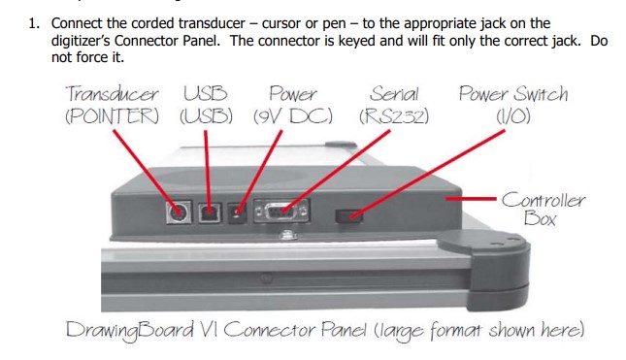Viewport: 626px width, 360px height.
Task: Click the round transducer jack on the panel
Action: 179,212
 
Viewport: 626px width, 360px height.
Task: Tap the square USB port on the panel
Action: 210,213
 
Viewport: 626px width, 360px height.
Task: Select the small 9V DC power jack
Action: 237,213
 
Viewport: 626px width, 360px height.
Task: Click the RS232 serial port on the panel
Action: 281,211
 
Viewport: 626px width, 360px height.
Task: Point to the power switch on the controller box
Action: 348,216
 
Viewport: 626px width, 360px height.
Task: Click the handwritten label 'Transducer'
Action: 112,94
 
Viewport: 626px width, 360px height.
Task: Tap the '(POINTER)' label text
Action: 112,116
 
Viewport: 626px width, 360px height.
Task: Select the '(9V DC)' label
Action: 293,116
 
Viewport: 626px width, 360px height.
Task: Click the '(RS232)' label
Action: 394,116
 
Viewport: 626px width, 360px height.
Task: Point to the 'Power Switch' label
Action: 513,94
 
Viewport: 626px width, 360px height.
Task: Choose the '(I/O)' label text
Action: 513,116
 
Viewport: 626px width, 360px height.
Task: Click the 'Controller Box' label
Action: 543,209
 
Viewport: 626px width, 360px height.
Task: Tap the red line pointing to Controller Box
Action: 471,198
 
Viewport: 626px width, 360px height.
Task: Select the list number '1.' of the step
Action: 34,23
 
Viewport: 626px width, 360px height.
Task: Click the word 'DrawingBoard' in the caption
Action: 130,331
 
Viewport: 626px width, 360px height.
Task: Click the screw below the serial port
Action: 284,235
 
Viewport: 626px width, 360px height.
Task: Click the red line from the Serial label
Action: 336,171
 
